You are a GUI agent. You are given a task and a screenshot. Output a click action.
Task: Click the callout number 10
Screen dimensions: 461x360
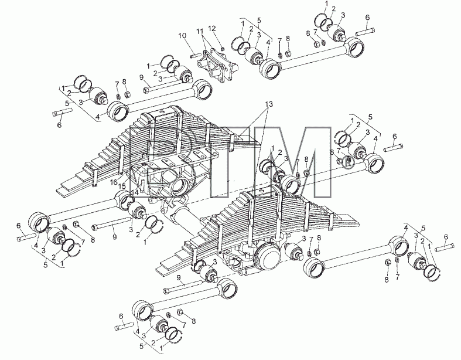coord(182,36)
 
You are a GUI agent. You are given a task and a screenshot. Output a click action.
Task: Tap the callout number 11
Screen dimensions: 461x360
coord(200,31)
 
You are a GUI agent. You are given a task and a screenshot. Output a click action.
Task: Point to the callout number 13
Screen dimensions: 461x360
coord(268,104)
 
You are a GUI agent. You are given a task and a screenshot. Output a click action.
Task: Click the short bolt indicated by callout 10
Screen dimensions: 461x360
coord(195,55)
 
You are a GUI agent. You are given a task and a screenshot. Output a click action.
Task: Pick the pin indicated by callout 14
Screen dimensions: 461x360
coord(142,186)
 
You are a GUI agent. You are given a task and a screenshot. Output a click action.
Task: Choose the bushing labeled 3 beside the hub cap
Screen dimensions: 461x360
coord(293,252)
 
